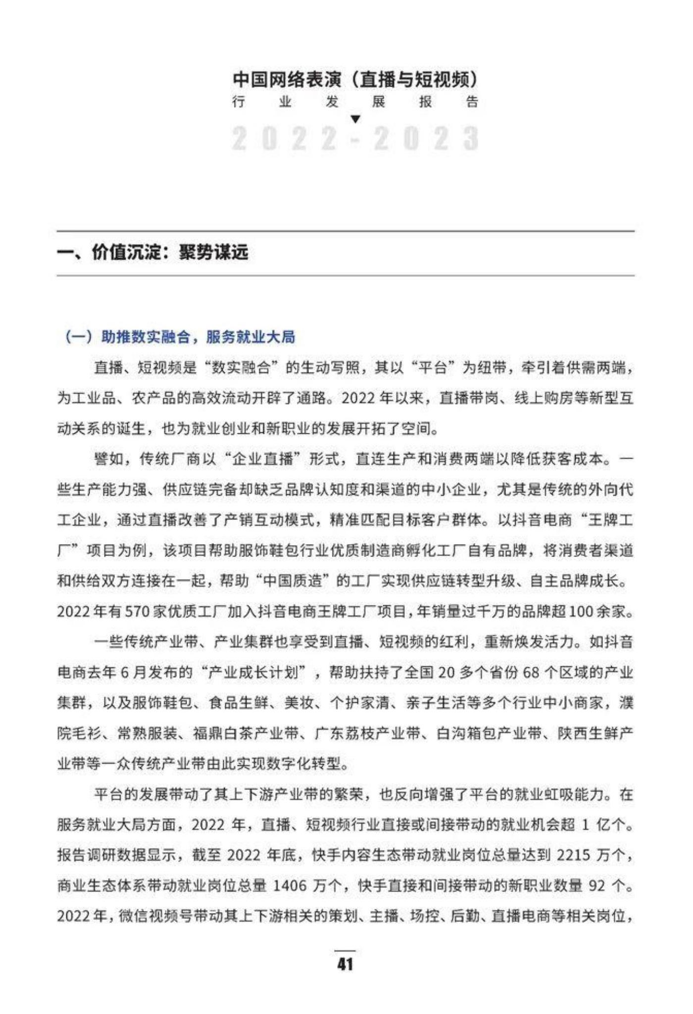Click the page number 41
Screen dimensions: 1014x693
345,964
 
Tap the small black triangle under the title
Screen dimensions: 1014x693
355,119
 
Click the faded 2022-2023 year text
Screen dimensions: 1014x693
355,139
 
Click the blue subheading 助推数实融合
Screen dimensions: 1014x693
146,337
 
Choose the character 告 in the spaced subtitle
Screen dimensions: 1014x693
472,102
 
